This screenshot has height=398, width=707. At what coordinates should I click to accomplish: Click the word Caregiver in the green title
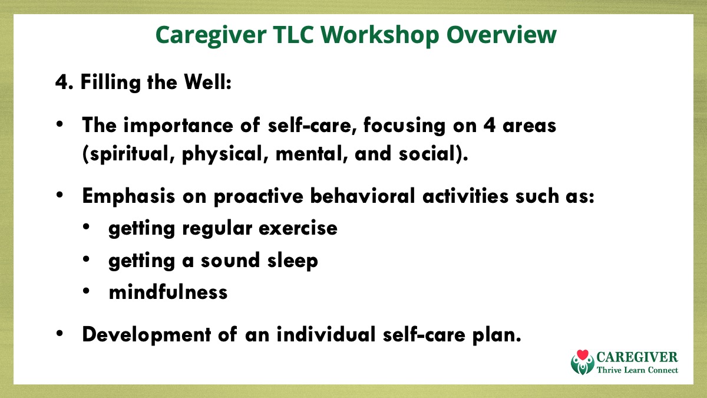click(211, 35)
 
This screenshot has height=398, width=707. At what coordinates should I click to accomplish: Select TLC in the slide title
click(293, 34)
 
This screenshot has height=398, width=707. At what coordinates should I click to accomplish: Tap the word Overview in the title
click(501, 34)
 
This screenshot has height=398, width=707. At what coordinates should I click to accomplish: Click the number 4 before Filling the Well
click(61, 82)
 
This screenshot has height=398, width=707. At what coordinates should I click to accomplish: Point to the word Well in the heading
click(207, 82)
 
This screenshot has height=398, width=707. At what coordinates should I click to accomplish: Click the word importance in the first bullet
click(178, 126)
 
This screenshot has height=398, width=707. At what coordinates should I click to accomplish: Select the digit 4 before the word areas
click(490, 126)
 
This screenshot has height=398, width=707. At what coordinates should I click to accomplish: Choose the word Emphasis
click(128, 196)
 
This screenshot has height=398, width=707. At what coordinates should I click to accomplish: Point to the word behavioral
click(362, 196)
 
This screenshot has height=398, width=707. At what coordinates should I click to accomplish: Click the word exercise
click(298, 228)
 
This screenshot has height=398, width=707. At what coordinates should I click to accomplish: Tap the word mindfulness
click(168, 292)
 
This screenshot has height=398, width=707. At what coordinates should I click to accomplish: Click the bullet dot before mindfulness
click(86, 291)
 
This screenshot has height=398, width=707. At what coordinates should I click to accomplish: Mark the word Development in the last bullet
click(147, 335)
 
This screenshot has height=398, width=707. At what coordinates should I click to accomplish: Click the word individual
click(326, 334)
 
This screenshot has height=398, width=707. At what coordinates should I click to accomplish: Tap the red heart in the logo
click(582, 355)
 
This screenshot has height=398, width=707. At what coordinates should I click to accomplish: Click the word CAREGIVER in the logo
click(637, 357)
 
